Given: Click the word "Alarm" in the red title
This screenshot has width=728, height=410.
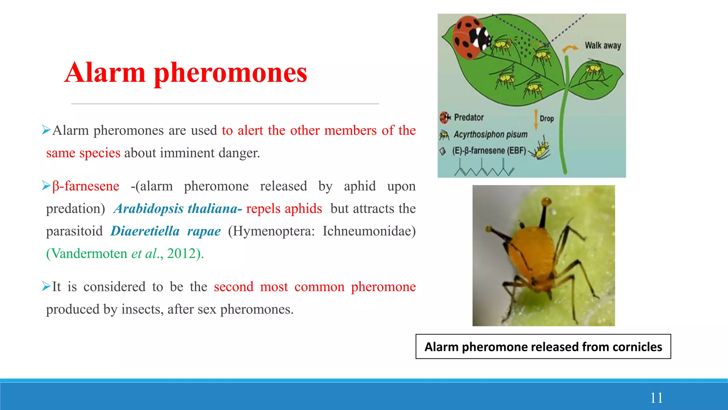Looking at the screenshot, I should tap(105, 73).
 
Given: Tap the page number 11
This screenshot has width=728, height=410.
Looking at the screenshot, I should tap(656, 398).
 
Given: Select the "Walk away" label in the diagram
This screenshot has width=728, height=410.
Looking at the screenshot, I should tap(603, 46).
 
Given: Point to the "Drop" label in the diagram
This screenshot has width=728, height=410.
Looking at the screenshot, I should tap(547, 119).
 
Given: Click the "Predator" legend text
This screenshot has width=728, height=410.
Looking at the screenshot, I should tap(469, 117).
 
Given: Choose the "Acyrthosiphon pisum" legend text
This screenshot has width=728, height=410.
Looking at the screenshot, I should tap(491, 135).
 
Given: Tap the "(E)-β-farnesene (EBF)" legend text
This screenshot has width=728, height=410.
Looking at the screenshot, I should tap(489, 151).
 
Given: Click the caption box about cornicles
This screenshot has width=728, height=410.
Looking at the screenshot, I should tap(543, 347).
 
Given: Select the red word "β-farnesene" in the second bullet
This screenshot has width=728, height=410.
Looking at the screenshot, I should tap(86, 186).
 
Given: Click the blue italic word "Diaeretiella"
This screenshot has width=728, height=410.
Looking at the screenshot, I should tap(145, 231).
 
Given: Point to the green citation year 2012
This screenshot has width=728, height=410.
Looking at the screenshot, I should tap(182, 253).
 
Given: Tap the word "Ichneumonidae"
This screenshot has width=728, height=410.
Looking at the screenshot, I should tap(369, 231).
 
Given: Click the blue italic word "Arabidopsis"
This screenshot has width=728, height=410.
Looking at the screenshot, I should tap(149, 209).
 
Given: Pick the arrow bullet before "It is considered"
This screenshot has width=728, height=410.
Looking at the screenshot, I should tap(46, 286).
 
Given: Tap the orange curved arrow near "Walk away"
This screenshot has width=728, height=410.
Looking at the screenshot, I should tap(569, 49).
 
